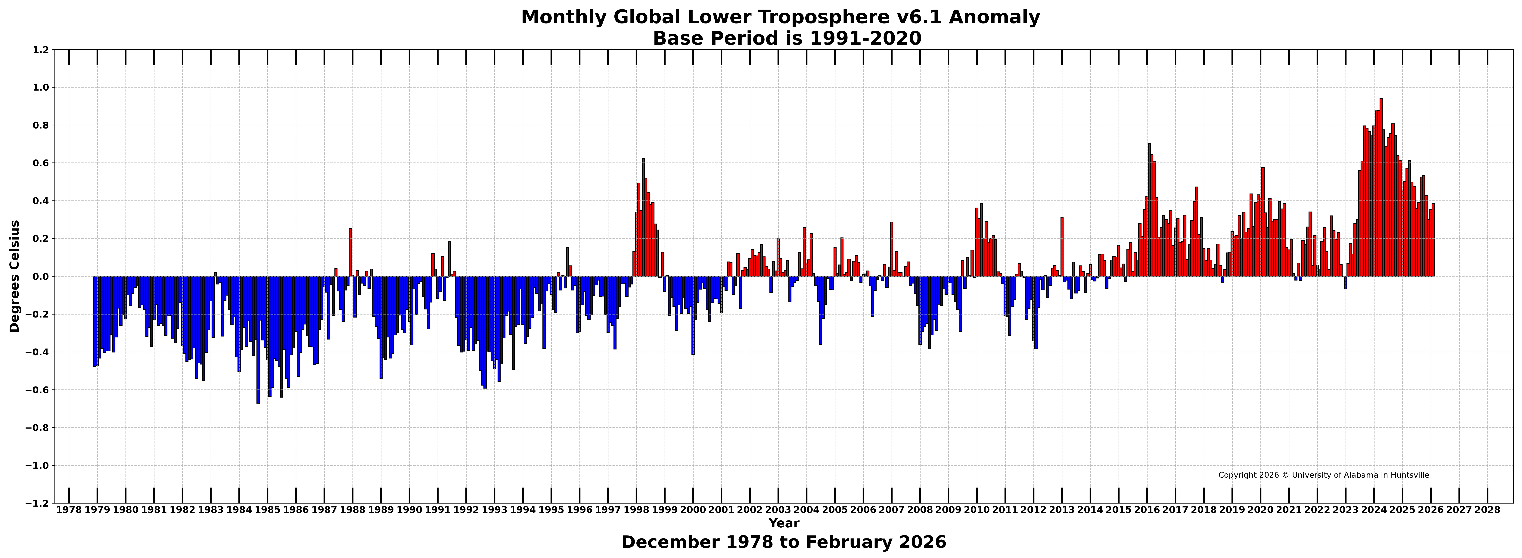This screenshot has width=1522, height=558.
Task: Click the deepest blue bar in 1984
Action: [258, 339]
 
